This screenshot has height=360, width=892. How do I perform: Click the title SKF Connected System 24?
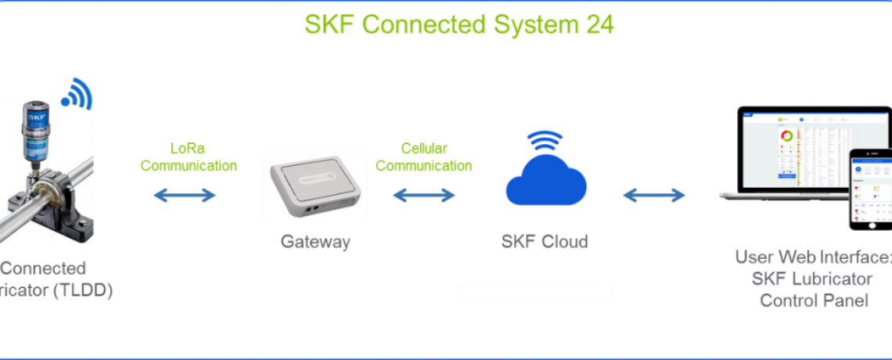click(459, 24)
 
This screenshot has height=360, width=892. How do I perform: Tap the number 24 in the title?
click(599, 24)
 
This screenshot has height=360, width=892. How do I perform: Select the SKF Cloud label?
click(545, 242)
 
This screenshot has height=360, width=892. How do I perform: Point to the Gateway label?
click(315, 242)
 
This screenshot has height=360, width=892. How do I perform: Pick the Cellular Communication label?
click(425, 157)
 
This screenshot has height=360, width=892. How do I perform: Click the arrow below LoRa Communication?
click(185, 194)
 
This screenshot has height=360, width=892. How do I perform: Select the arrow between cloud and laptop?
click(654, 194)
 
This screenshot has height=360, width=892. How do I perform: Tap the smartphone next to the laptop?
click(870, 189)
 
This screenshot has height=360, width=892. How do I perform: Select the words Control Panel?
click(814, 300)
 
